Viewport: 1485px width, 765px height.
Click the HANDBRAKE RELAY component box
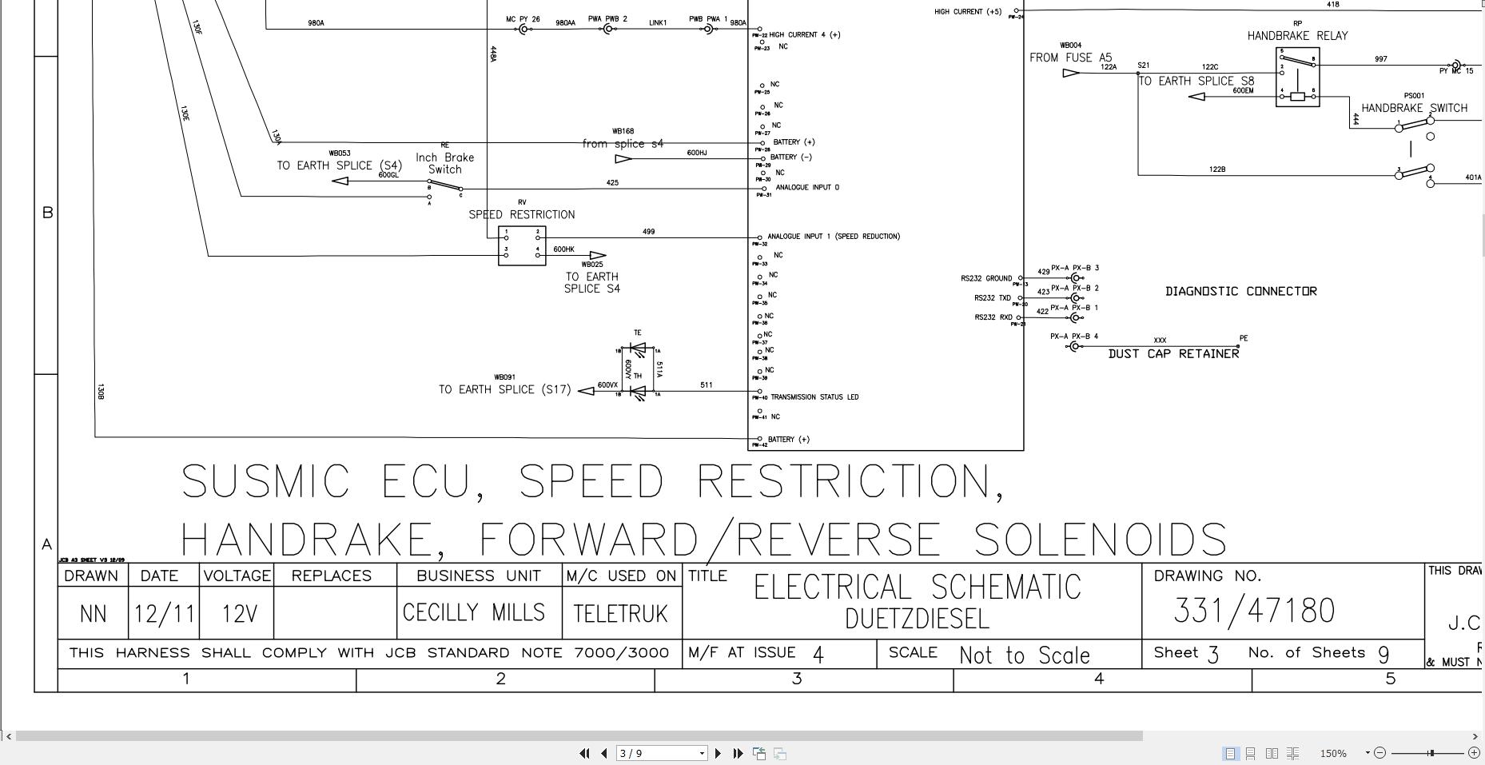click(1297, 78)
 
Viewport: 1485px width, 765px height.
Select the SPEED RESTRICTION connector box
click(522, 245)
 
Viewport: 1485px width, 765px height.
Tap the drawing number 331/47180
click(1254, 611)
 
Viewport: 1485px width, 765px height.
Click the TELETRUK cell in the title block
click(620, 614)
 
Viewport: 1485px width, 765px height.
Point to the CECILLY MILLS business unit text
click(474, 613)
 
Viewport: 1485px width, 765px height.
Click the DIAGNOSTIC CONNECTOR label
click(1240, 292)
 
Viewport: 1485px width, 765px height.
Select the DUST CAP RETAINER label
click(1173, 354)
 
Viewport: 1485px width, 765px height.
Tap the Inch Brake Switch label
click(444, 163)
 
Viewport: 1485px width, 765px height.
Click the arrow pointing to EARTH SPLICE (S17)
click(586, 390)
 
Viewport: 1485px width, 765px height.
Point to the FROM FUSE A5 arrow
click(1071, 74)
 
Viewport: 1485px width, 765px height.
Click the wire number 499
click(648, 232)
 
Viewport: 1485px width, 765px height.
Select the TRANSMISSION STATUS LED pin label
click(814, 397)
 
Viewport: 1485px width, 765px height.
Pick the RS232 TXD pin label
click(992, 298)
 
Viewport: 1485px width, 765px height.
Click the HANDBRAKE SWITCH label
click(1414, 108)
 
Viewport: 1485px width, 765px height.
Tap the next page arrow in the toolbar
click(718, 753)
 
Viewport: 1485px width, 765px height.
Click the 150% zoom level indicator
click(1332, 753)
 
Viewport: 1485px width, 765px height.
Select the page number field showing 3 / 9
click(661, 753)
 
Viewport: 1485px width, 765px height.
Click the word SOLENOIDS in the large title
click(1100, 540)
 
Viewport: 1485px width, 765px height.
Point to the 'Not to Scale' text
click(1024, 655)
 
